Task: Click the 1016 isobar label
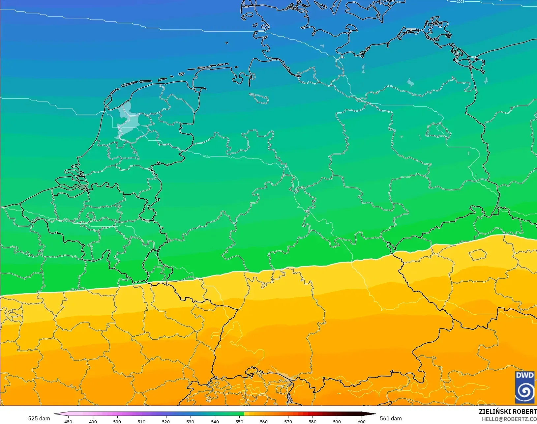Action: pyautogui.click(x=206, y=156)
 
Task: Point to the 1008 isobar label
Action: pyautogui.click(x=461, y=2)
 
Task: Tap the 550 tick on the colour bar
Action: pyautogui.click(x=239, y=421)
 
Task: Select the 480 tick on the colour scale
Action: pyautogui.click(x=68, y=421)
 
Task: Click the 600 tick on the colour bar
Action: pyautogui.click(x=362, y=421)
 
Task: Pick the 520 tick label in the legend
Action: pyautogui.click(x=166, y=421)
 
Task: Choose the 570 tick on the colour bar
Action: pyautogui.click(x=288, y=421)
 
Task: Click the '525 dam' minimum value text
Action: pyautogui.click(x=39, y=418)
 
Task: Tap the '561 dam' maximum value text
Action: pyautogui.click(x=391, y=418)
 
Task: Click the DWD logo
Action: pyautogui.click(x=525, y=387)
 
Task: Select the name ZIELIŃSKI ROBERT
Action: pyautogui.click(x=508, y=411)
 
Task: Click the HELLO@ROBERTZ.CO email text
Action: pyautogui.click(x=509, y=419)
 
